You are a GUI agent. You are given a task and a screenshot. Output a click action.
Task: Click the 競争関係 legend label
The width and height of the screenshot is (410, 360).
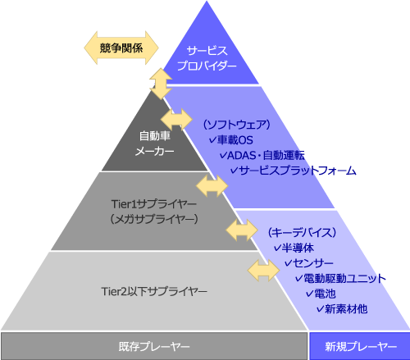(121, 48)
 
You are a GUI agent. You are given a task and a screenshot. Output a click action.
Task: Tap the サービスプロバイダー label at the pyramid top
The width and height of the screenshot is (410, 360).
(207, 58)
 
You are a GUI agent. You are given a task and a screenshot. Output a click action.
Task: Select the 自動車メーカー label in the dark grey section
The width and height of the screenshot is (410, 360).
(155, 144)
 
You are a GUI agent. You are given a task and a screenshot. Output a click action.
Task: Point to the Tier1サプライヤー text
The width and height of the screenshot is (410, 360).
(154, 204)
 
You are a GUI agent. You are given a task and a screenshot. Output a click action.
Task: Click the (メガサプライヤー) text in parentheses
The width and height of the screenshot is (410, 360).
(154, 219)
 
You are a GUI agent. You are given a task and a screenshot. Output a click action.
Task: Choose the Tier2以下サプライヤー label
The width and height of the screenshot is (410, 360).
(154, 291)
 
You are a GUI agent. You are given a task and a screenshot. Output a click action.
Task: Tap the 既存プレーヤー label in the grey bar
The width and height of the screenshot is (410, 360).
(154, 347)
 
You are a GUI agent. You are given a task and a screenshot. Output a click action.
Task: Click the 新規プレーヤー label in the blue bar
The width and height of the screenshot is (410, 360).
(361, 347)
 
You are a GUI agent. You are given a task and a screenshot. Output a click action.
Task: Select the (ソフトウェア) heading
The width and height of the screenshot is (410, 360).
(237, 125)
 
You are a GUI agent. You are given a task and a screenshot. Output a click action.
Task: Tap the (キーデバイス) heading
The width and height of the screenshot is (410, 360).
(302, 233)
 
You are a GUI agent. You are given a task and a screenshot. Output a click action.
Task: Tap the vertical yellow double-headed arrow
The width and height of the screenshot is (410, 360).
(161, 84)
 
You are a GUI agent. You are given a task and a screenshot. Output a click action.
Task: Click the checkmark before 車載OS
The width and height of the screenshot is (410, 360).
(212, 140)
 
